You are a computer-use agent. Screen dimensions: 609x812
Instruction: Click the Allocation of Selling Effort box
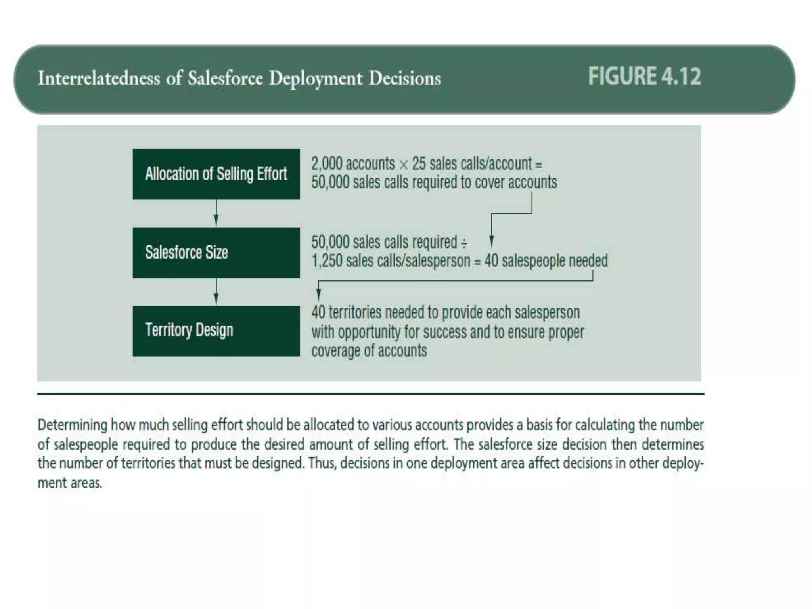click(216, 174)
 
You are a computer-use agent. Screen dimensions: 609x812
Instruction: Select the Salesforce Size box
click(216, 253)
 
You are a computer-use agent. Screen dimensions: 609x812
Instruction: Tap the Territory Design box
click(216, 331)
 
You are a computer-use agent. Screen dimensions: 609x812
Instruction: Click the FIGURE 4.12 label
click(644, 77)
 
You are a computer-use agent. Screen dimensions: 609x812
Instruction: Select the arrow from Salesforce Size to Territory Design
click(216, 292)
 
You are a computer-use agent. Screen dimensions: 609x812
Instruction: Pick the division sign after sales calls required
click(463, 243)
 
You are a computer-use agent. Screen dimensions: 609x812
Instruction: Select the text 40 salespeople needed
click(546, 261)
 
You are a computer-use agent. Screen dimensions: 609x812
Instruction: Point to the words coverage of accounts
click(369, 351)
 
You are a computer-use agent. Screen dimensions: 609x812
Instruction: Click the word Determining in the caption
click(73, 425)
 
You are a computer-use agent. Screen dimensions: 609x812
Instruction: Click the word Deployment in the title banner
click(316, 78)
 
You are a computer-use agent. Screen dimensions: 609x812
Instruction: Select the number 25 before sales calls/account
click(418, 164)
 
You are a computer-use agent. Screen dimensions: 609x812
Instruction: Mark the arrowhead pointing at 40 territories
click(318, 295)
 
